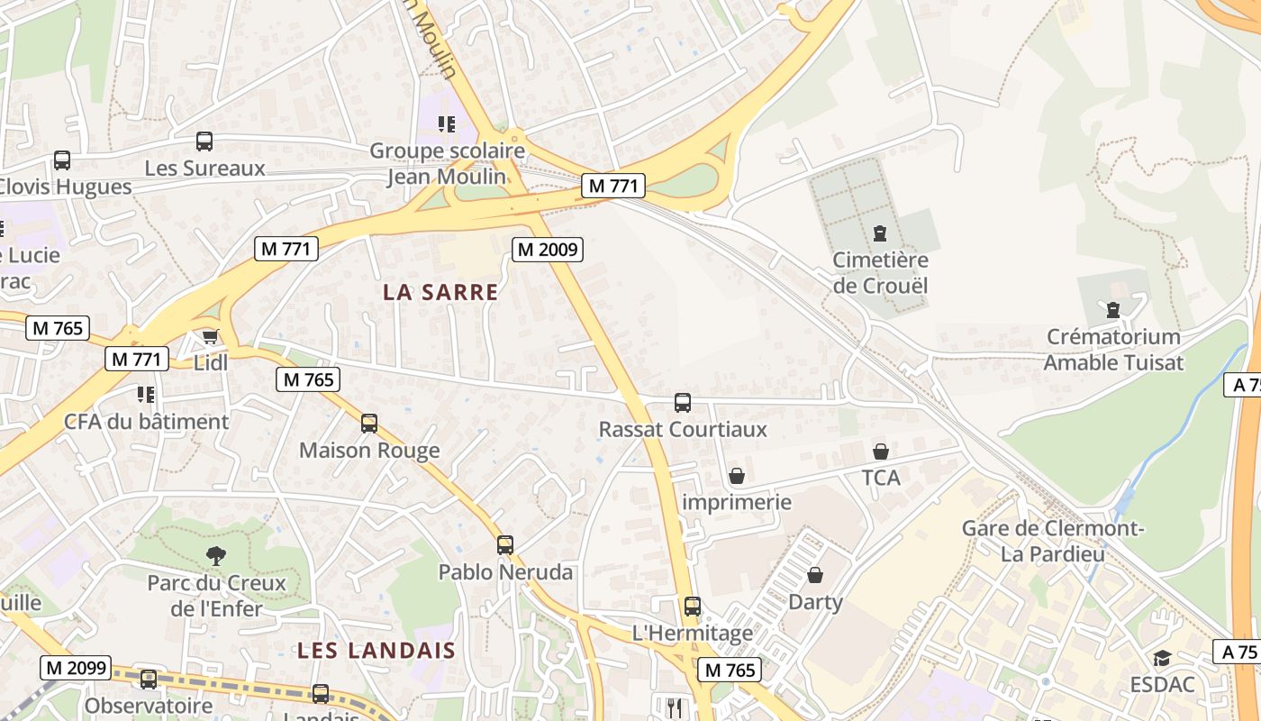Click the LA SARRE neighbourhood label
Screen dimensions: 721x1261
440,292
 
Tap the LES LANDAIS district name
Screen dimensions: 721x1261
376,650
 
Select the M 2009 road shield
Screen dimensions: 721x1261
548,249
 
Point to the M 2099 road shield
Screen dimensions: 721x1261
76,668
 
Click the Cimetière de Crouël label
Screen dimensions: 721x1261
880,273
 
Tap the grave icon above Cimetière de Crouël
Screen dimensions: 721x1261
880,233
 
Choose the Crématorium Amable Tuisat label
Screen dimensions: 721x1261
1113,350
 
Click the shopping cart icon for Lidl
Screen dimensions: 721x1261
211,337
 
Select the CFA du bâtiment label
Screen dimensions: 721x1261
147,422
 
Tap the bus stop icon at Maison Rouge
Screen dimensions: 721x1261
369,423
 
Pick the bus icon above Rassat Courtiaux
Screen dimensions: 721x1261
683,402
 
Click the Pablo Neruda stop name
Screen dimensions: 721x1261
505,571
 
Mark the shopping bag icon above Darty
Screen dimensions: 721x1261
815,574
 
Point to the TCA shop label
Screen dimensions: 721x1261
881,478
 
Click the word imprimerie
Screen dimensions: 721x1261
737,502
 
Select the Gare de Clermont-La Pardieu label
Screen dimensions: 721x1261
1053,541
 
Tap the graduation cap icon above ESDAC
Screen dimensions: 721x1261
1162,658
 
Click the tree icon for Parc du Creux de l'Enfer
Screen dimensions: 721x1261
216,555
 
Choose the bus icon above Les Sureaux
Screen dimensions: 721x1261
204,141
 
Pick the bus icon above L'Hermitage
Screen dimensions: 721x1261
692,607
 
